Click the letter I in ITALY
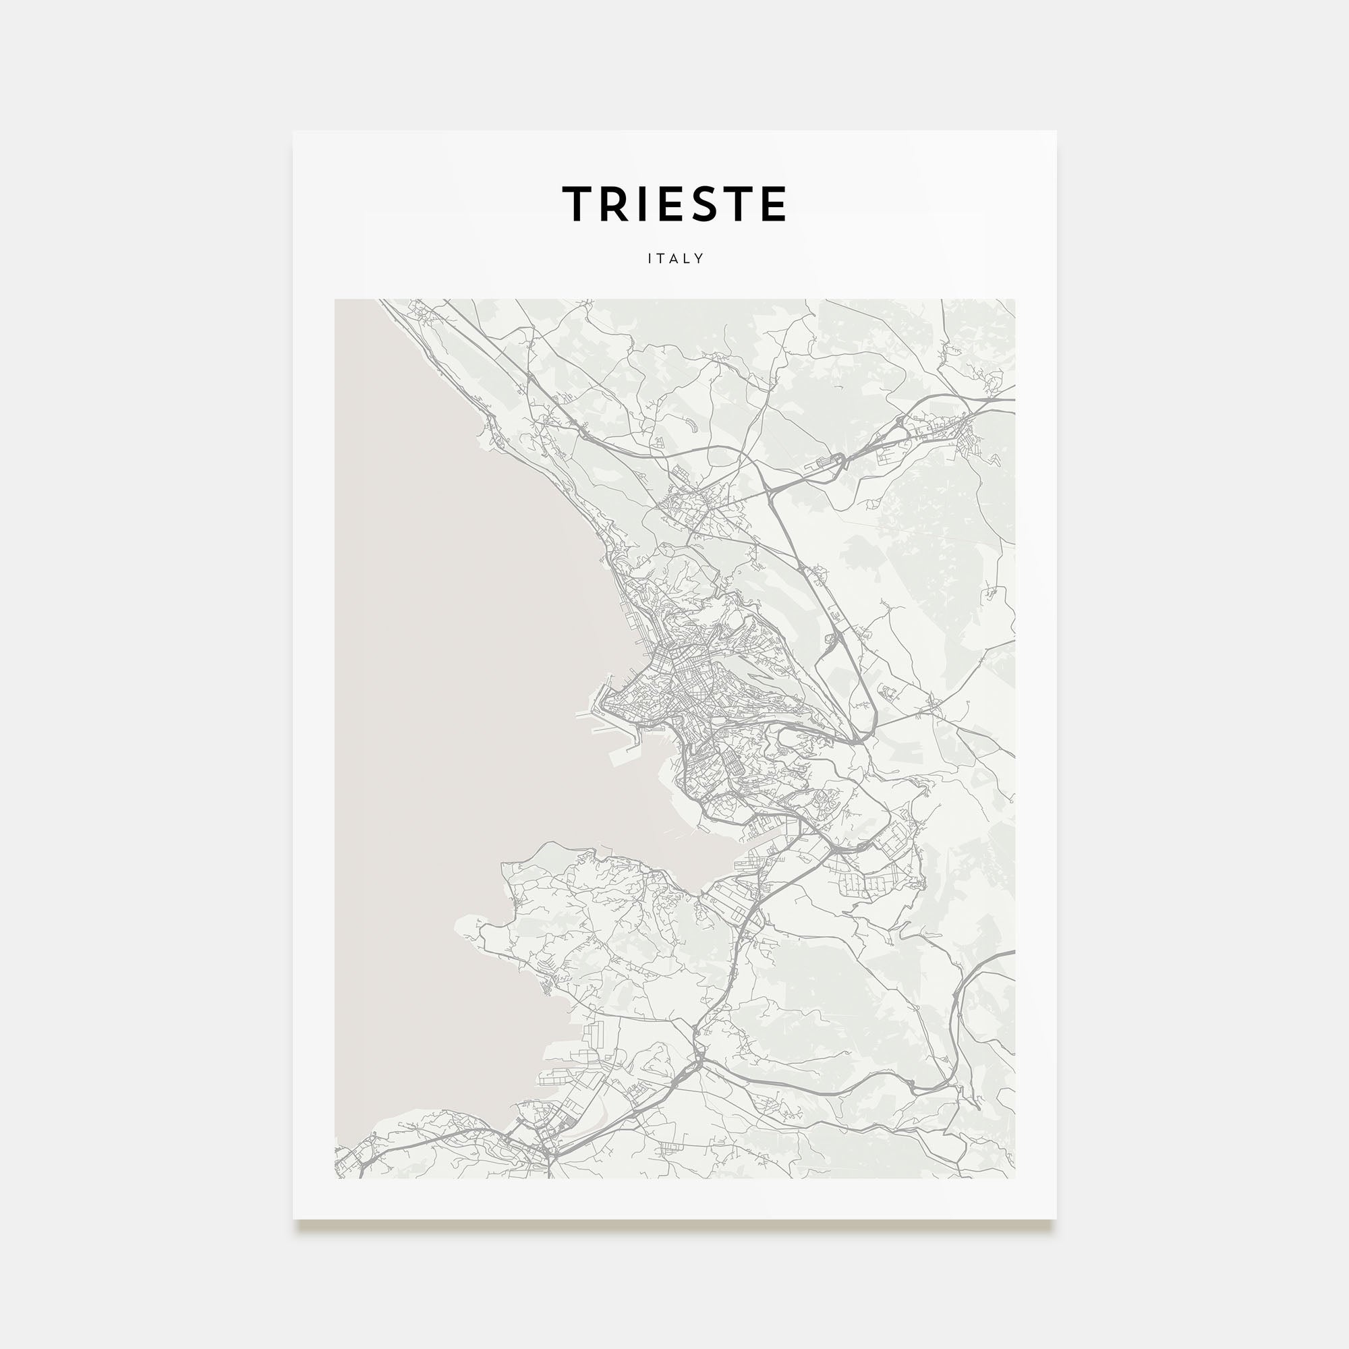[x=650, y=258]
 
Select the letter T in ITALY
[x=660, y=258]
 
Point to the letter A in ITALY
[x=674, y=258]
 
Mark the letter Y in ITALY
[x=699, y=258]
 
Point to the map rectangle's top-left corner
[x=335, y=299]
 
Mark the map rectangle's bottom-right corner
[x=1014, y=1178]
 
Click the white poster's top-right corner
[x=1056, y=132]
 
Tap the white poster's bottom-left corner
[x=293, y=1219]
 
